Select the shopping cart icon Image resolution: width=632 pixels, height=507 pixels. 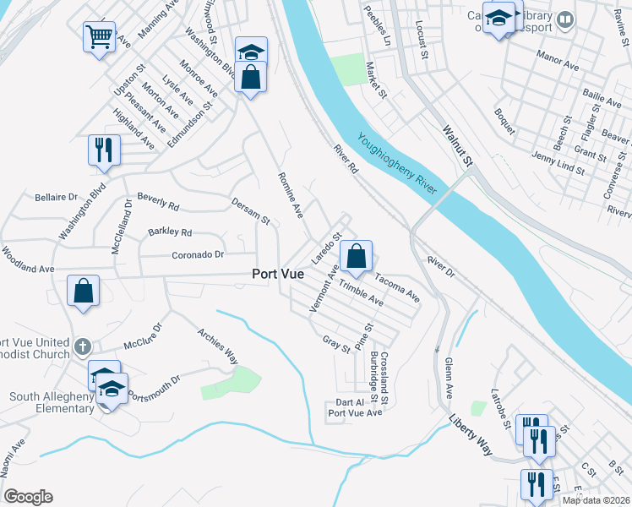99,38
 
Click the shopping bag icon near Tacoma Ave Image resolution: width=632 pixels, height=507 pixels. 357,256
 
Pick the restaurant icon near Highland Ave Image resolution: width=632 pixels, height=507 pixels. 104,150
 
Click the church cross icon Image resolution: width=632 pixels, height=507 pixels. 82,346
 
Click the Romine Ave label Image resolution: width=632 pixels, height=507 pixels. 290,195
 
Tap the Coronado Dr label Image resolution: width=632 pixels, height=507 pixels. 199,254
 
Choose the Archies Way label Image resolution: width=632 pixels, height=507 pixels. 217,346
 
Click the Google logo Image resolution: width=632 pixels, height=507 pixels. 29,497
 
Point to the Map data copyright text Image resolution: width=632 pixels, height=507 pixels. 596,500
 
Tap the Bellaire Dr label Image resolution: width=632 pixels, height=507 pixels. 56,197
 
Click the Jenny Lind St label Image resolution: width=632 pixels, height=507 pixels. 558,163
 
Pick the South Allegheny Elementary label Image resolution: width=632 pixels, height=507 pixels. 52,402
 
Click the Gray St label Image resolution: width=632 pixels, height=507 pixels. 336,345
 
